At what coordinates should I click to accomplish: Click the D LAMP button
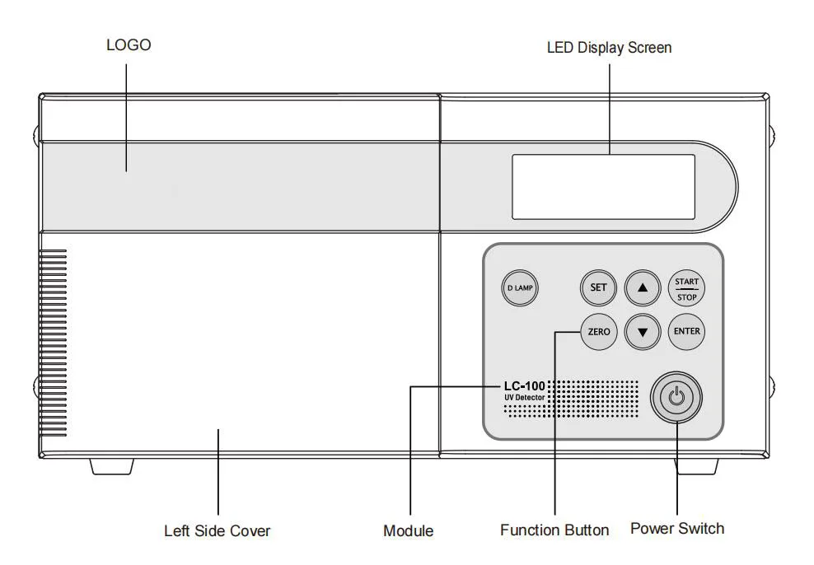click(520, 288)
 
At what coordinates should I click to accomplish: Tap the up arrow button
click(643, 288)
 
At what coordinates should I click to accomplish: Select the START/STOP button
click(686, 288)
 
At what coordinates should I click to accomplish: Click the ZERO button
click(599, 332)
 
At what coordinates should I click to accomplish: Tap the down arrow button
click(643, 332)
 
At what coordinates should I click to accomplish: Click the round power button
click(676, 398)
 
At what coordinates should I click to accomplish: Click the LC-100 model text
click(524, 386)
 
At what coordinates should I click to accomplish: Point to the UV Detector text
click(524, 398)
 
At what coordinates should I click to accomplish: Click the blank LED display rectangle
click(603, 187)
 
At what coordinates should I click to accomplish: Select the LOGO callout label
click(129, 45)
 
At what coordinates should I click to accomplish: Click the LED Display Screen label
click(609, 48)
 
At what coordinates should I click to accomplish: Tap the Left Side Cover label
click(217, 530)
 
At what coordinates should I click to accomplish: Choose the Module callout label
click(408, 530)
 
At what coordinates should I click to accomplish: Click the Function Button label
click(554, 530)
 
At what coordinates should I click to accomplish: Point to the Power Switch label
click(677, 528)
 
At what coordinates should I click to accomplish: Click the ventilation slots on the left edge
click(53, 343)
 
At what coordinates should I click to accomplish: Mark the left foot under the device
click(111, 466)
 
